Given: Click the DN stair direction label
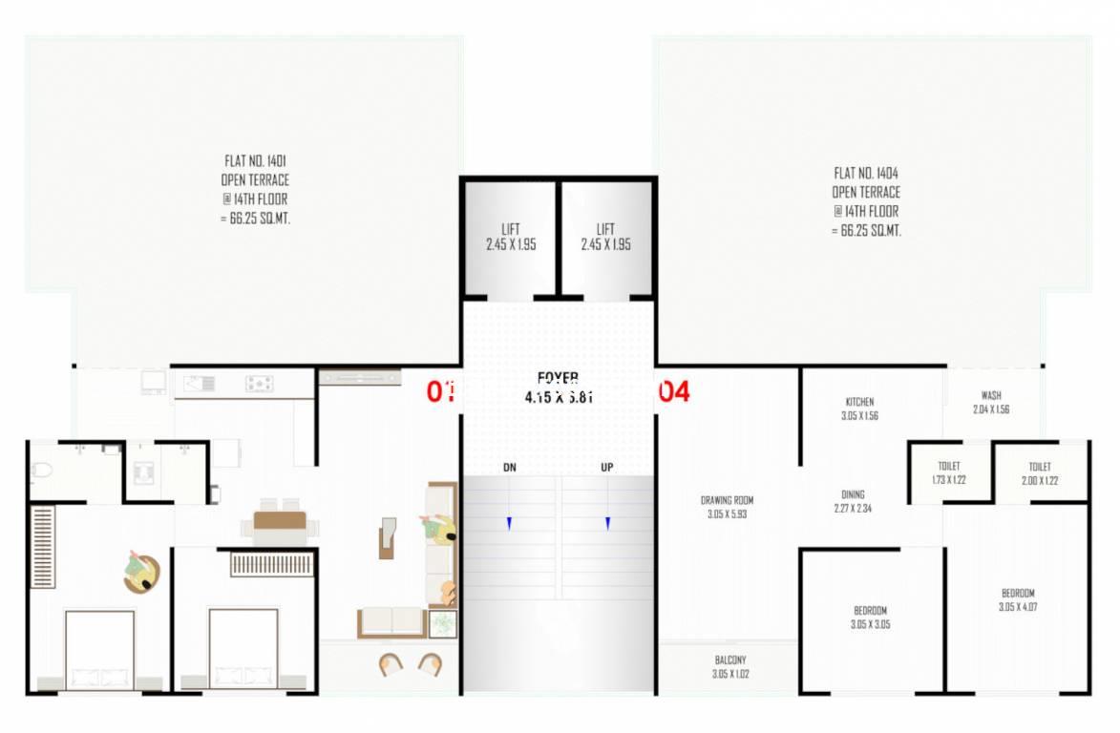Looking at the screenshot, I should [510, 468].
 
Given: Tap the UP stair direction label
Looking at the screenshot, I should [607, 468].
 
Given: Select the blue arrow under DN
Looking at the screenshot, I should [510, 523].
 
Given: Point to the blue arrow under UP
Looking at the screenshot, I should [607, 523].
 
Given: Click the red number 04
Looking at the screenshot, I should [674, 391].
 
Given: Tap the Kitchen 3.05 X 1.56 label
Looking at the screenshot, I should [859, 408].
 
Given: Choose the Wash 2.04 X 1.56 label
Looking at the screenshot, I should [991, 402].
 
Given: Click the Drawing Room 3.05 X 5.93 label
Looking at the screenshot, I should [727, 507].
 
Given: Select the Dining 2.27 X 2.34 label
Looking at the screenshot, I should [853, 501].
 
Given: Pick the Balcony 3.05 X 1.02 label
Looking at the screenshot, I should [730, 666].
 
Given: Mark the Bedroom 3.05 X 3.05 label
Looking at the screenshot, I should [870, 618].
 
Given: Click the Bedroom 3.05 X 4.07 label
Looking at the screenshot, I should [1018, 599].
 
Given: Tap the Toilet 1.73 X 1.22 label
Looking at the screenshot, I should [948, 472].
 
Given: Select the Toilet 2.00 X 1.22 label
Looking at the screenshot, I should [1040, 473].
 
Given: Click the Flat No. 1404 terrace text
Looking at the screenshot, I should [866, 201].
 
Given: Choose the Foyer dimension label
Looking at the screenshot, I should [559, 388].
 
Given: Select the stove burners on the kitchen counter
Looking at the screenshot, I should [260, 384].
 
